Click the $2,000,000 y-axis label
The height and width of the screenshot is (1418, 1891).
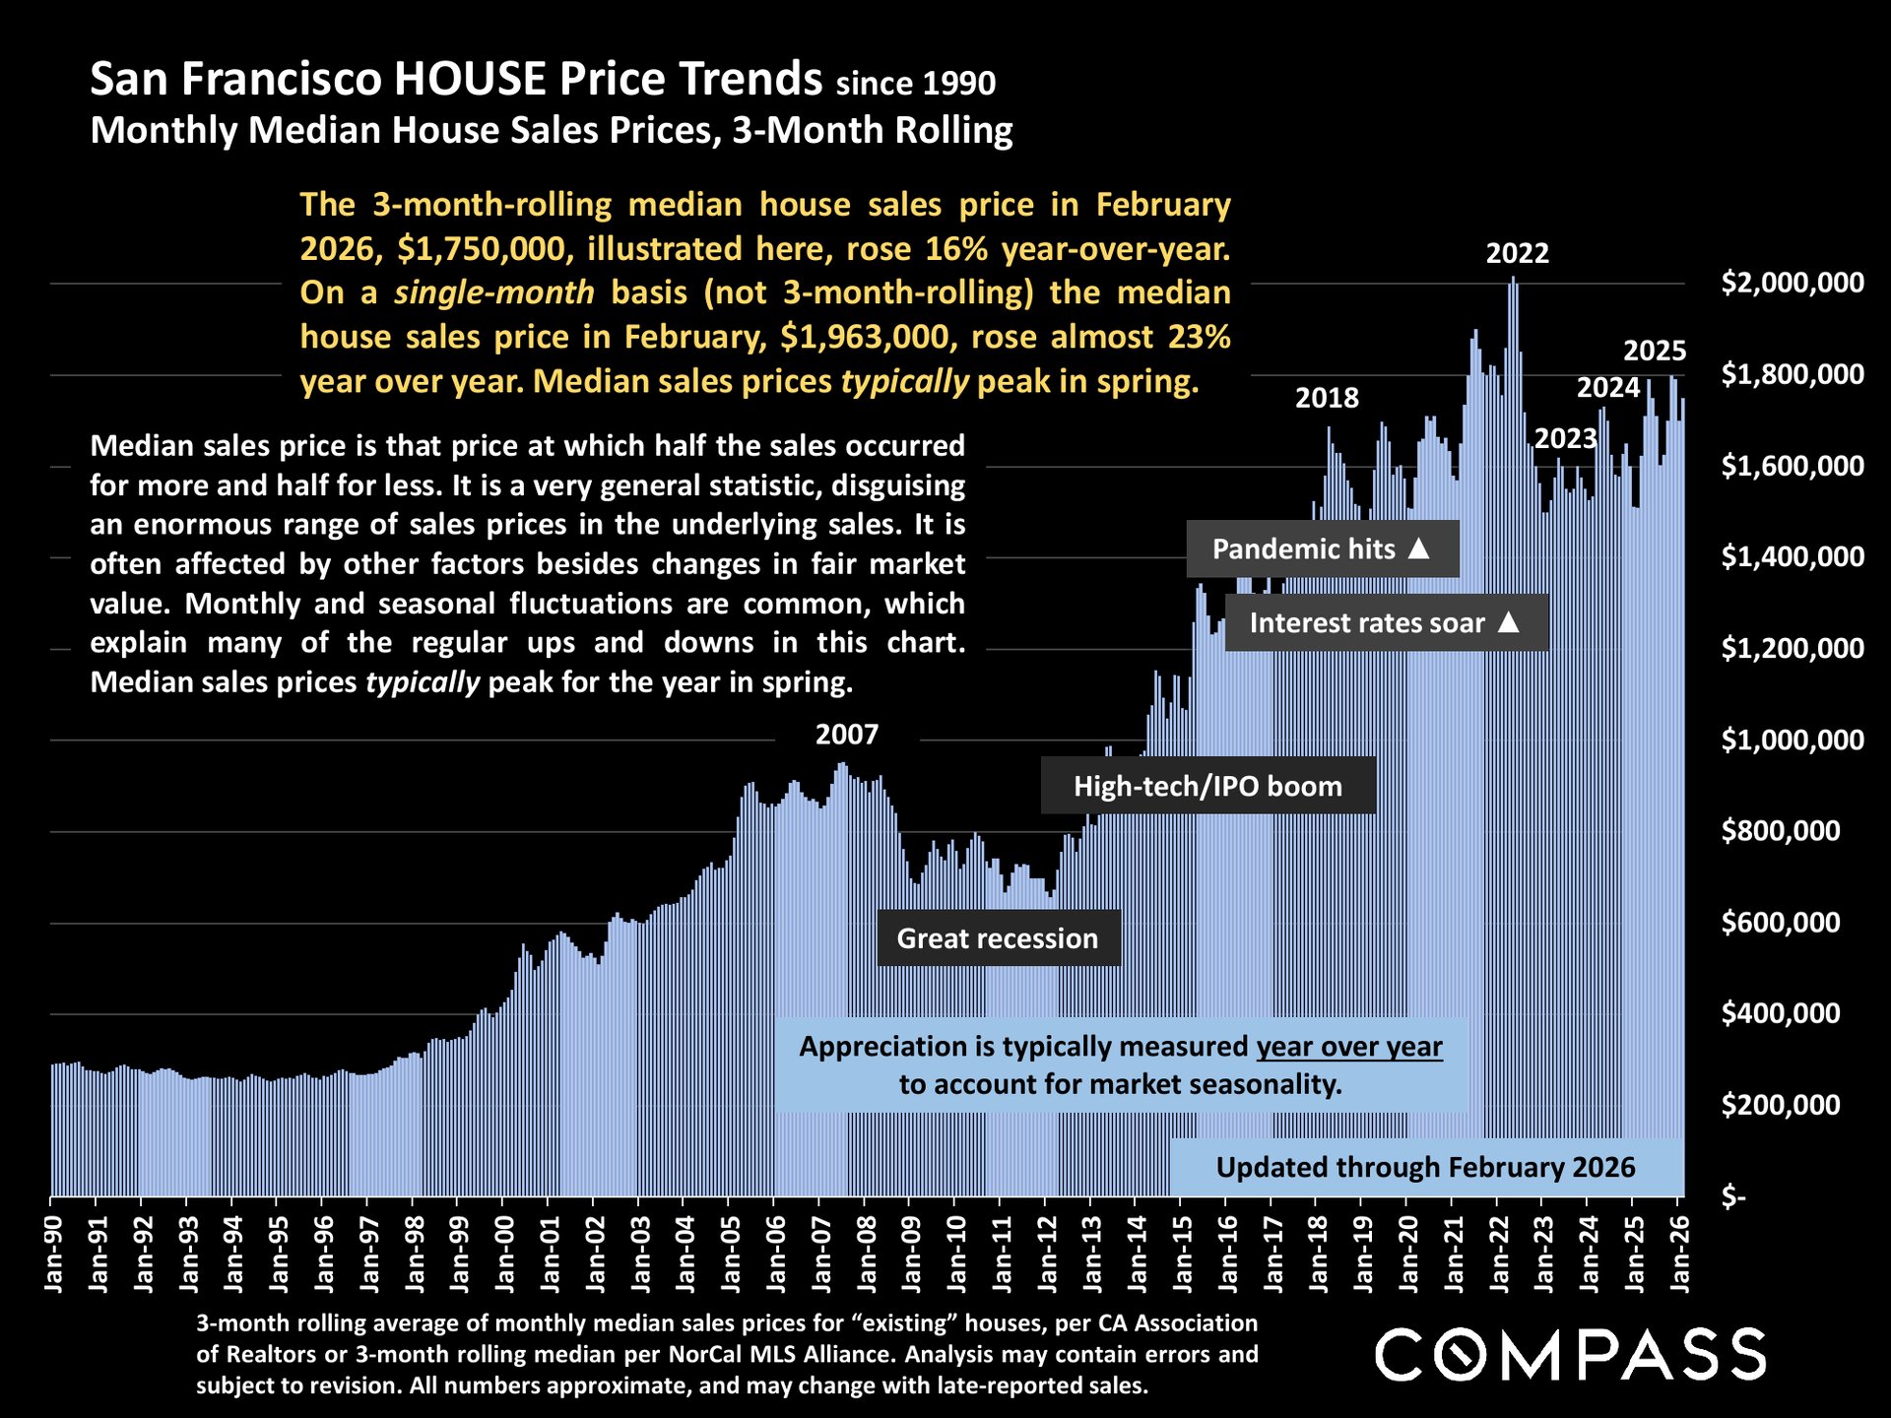(x=1792, y=283)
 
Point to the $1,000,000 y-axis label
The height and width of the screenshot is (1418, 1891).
(x=1792, y=740)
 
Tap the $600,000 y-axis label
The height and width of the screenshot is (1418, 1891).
(x=1780, y=923)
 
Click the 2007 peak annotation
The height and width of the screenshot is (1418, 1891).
(x=846, y=735)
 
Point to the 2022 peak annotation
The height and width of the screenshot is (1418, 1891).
(x=1517, y=253)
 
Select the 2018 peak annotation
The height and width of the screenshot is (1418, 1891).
(x=1326, y=398)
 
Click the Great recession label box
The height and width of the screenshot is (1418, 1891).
(x=998, y=938)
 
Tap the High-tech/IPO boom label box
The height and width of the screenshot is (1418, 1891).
(x=1207, y=786)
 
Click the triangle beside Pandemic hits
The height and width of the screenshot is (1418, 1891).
(x=1418, y=548)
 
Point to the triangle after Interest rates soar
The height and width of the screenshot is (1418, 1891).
(x=1508, y=621)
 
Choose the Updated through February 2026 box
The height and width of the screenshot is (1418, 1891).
(x=1425, y=1167)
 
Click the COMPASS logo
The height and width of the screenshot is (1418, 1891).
(x=1570, y=1354)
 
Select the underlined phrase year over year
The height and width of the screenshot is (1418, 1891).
(x=1348, y=1046)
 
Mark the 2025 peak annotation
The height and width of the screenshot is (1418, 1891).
(x=1654, y=351)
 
